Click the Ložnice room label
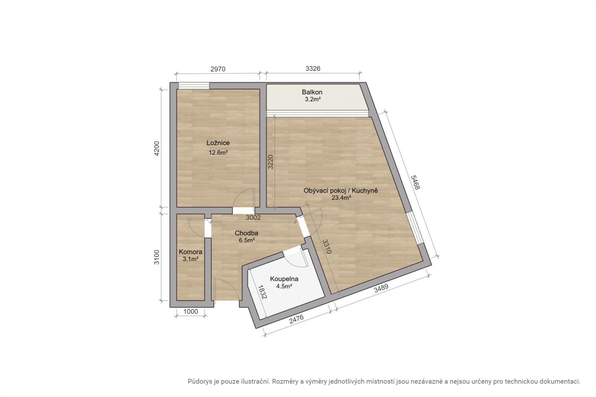point(218,143)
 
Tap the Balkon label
point(312,92)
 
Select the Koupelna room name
point(284,279)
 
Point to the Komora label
point(190,252)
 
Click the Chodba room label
point(246,233)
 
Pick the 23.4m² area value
point(341,198)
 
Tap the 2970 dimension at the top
point(218,69)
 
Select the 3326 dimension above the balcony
point(313,68)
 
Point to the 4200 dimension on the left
point(157,149)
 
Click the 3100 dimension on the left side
point(157,257)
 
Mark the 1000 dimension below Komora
point(190,311)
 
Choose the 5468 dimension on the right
point(415,182)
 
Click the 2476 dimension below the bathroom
point(296,320)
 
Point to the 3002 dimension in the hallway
point(253,217)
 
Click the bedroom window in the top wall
point(194,86)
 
